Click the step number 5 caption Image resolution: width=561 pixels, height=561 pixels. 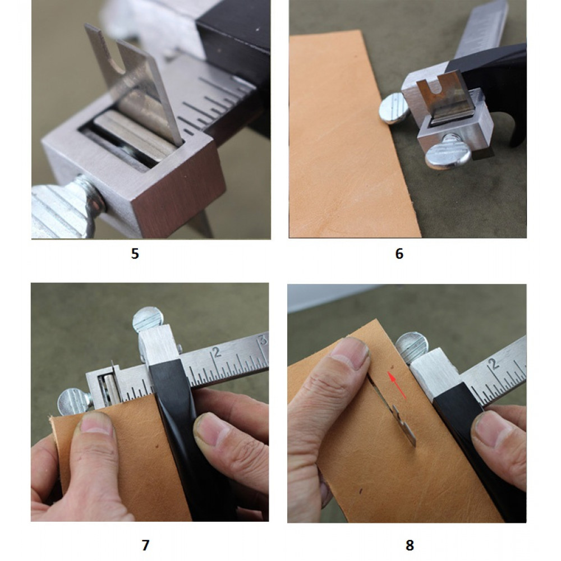tap(135, 254)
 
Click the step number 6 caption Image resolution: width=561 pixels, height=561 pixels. tap(399, 254)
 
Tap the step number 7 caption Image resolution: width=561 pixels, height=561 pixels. tap(145, 545)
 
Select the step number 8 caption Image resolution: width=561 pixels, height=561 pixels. tap(410, 545)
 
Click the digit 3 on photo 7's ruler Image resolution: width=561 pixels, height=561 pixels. tap(263, 339)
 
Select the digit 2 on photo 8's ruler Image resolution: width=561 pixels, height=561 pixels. tap(494, 364)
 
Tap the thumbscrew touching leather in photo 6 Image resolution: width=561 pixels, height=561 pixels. tap(394, 108)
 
